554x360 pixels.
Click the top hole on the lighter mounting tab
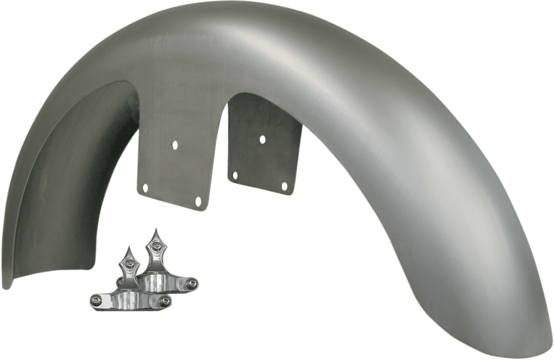175,144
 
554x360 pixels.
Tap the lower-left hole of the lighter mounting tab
146,188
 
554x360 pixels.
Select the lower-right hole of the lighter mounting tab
199,201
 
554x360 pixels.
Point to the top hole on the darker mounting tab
262,139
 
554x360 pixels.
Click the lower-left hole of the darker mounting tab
235,175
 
